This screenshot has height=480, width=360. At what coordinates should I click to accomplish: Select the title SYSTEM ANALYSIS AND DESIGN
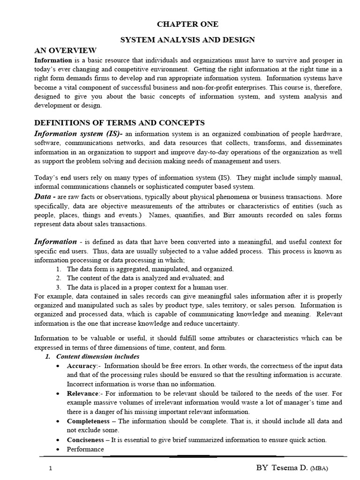click(x=187, y=40)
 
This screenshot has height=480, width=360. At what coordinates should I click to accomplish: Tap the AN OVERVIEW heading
click(x=66, y=51)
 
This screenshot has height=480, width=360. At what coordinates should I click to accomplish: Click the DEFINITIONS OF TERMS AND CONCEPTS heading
click(x=120, y=123)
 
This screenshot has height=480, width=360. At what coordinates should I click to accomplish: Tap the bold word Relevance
click(x=83, y=393)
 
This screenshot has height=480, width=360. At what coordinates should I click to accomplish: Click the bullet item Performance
click(x=85, y=449)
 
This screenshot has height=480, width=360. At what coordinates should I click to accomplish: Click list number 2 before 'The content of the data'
click(x=58, y=278)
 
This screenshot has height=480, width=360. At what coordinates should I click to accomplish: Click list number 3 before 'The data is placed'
click(x=58, y=287)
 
